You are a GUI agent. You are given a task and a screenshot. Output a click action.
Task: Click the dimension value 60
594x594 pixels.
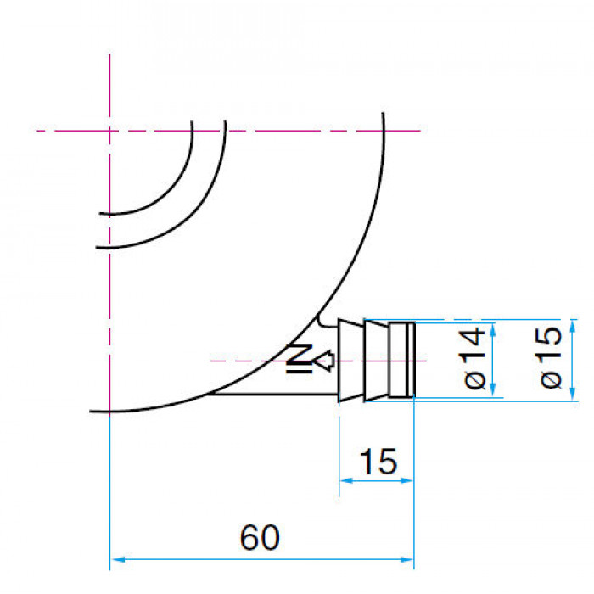click(260, 537)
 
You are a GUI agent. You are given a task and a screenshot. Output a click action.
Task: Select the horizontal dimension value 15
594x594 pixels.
click(378, 462)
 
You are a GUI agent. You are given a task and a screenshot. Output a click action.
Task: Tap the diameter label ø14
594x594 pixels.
click(474, 358)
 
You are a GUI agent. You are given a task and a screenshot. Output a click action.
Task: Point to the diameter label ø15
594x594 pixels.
click(551, 357)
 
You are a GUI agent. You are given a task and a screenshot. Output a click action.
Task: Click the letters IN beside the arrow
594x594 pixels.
click(300, 358)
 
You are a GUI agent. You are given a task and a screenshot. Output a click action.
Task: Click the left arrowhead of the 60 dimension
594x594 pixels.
click(119, 559)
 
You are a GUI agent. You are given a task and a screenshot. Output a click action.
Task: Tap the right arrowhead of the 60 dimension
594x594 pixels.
click(406, 559)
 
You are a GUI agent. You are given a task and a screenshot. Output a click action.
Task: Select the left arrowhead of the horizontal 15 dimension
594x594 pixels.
click(346, 481)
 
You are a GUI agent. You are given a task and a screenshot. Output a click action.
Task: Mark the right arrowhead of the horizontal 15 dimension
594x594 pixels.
click(406, 481)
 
